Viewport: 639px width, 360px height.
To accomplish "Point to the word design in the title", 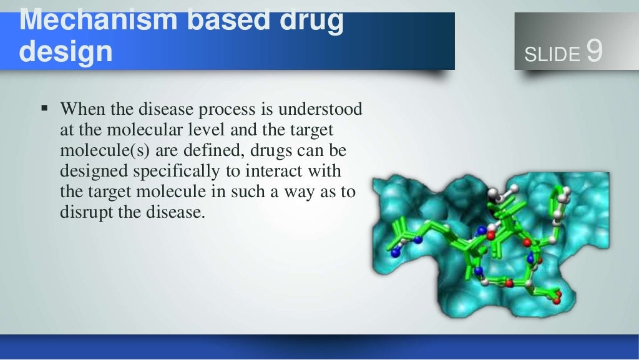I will (x=66, y=52).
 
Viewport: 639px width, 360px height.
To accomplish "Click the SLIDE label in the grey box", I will (x=552, y=55).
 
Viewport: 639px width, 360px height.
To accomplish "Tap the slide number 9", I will (x=594, y=52).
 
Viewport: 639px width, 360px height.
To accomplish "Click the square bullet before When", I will (x=44, y=109).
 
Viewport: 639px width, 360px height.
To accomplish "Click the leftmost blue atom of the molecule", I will (x=394, y=253).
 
